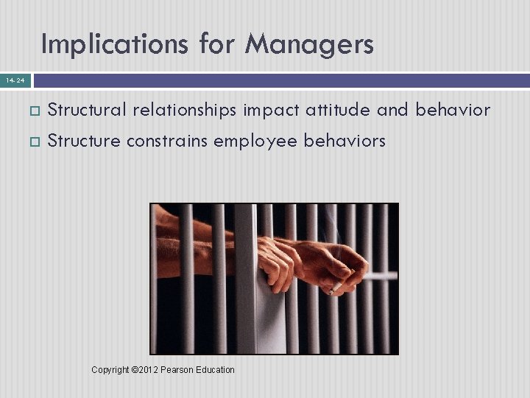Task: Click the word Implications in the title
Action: coord(115,45)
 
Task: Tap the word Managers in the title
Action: coord(309,45)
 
